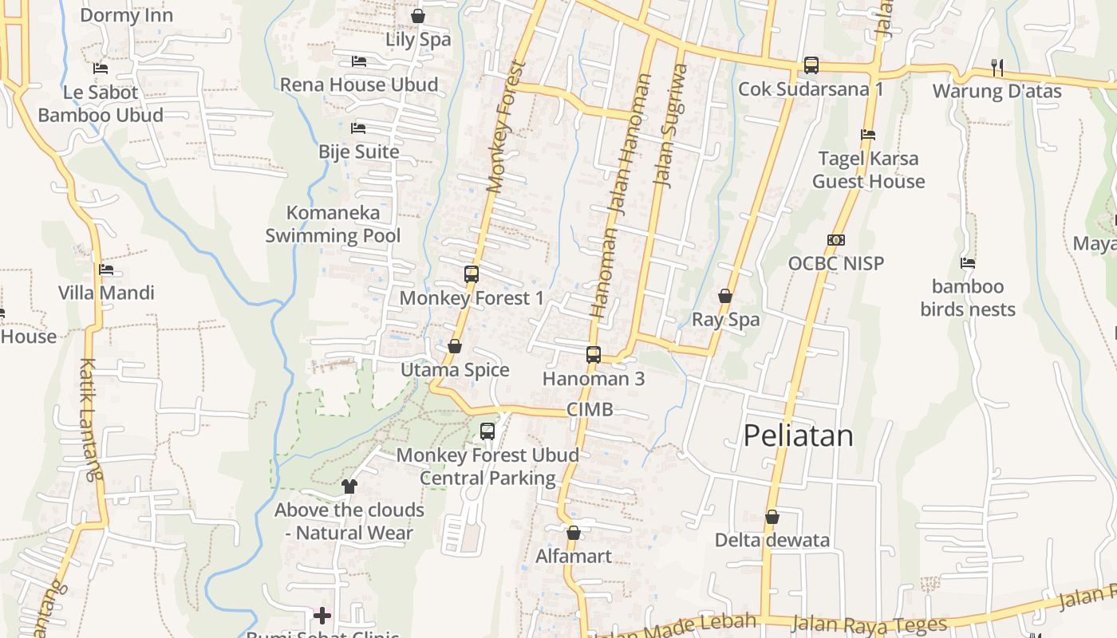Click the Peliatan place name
tap(798, 435)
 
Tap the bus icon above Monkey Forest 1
tap(472, 274)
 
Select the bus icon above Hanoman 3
tap(594, 355)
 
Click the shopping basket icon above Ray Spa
tap(725, 296)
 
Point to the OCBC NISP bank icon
tap(836, 240)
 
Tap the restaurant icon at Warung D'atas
tap(997, 67)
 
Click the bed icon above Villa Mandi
tap(106, 270)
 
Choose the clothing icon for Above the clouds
tap(349, 486)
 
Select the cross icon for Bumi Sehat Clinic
tap(322, 615)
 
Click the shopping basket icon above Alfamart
tap(573, 533)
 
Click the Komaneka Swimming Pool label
tap(333, 224)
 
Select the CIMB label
tap(590, 410)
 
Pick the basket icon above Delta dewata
tap(772, 517)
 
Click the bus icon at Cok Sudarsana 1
tap(811, 65)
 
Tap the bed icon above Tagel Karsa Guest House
tap(868, 135)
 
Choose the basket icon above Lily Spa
tap(417, 16)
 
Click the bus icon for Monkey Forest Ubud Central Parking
tap(487, 431)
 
